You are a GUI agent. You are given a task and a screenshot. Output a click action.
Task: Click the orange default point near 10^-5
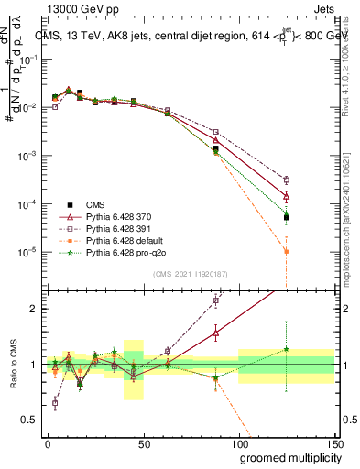[287, 251]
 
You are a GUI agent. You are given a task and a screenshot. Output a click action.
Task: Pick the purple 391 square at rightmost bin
[287, 180]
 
